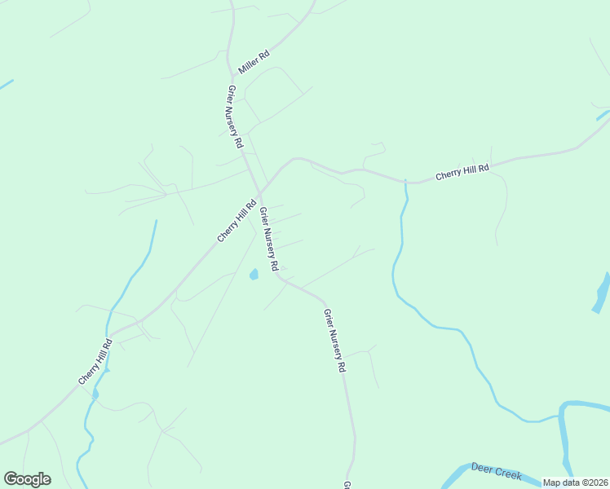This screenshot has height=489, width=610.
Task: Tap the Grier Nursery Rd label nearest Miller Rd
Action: (235, 116)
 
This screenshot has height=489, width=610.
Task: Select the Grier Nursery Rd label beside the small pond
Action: (269, 239)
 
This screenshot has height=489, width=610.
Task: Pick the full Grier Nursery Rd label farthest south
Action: (334, 341)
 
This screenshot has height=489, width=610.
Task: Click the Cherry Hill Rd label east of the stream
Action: (462, 172)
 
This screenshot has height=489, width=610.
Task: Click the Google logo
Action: (27, 479)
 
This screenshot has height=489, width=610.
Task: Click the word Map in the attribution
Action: (551, 482)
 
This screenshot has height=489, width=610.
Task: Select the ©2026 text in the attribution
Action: (594, 482)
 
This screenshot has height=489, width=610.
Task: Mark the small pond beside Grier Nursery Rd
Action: (254, 274)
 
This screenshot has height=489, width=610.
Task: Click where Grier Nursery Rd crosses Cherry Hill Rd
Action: (259, 193)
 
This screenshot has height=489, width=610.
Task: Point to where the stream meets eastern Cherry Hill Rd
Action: (405, 181)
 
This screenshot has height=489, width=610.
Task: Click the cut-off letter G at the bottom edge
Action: (347, 485)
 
